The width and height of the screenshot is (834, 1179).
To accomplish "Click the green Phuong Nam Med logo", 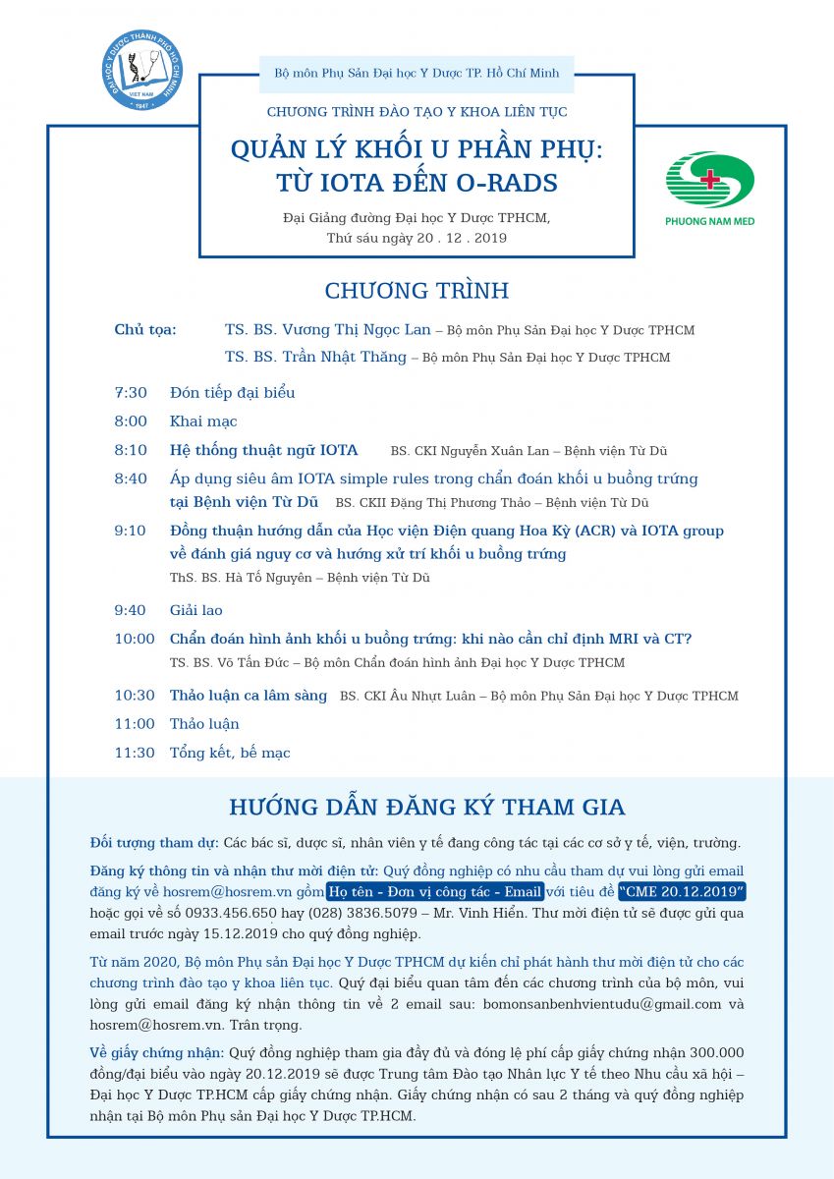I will pos(709,188).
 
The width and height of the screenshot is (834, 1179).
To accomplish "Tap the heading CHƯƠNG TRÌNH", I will pos(417,291).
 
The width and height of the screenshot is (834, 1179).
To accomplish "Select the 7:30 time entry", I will pos(131,393).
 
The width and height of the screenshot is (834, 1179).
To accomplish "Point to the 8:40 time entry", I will pos(131,479).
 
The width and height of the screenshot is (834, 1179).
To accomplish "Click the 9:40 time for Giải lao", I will pos(131,611).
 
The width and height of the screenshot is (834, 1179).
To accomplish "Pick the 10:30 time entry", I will pos(135,696).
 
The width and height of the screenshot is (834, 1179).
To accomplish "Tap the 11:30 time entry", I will pos(135,754).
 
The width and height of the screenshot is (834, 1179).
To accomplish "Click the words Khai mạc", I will pos(203,421).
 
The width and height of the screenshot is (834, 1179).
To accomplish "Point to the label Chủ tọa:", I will pos(145,330).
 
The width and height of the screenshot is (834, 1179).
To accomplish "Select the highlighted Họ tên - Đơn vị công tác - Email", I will pos(435,891).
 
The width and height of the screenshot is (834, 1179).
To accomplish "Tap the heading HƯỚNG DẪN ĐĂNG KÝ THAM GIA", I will pos(427,808).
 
